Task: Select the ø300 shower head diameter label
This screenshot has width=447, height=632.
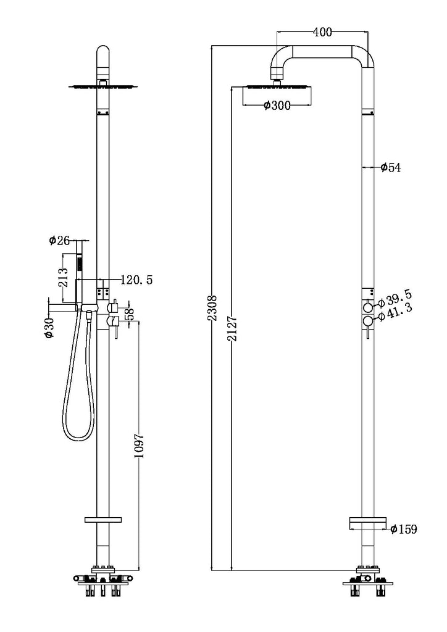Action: point(277,106)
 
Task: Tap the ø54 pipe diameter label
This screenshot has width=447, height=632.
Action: point(390,167)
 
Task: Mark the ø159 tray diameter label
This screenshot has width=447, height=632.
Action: point(404,529)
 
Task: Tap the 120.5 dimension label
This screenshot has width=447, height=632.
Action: point(137,280)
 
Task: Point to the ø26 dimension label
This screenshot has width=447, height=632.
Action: point(61,240)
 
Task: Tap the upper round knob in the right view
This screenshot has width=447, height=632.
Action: point(368,307)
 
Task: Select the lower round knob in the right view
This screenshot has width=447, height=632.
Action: point(368,320)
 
